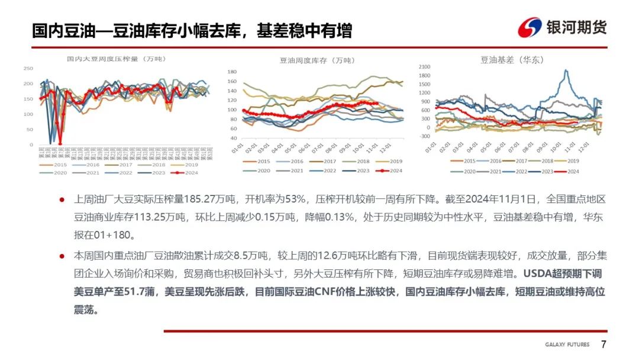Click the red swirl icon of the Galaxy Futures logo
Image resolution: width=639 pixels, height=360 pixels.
pos(530,27)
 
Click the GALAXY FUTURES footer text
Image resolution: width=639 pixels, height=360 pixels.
pos(568,345)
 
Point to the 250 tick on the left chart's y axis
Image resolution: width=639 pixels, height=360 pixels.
pos(28,69)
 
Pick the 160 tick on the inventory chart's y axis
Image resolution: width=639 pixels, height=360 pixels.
pos(232,82)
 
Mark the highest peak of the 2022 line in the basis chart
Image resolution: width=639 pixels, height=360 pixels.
pos(568,70)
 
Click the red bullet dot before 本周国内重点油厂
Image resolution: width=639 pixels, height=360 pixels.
pos(62,256)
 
